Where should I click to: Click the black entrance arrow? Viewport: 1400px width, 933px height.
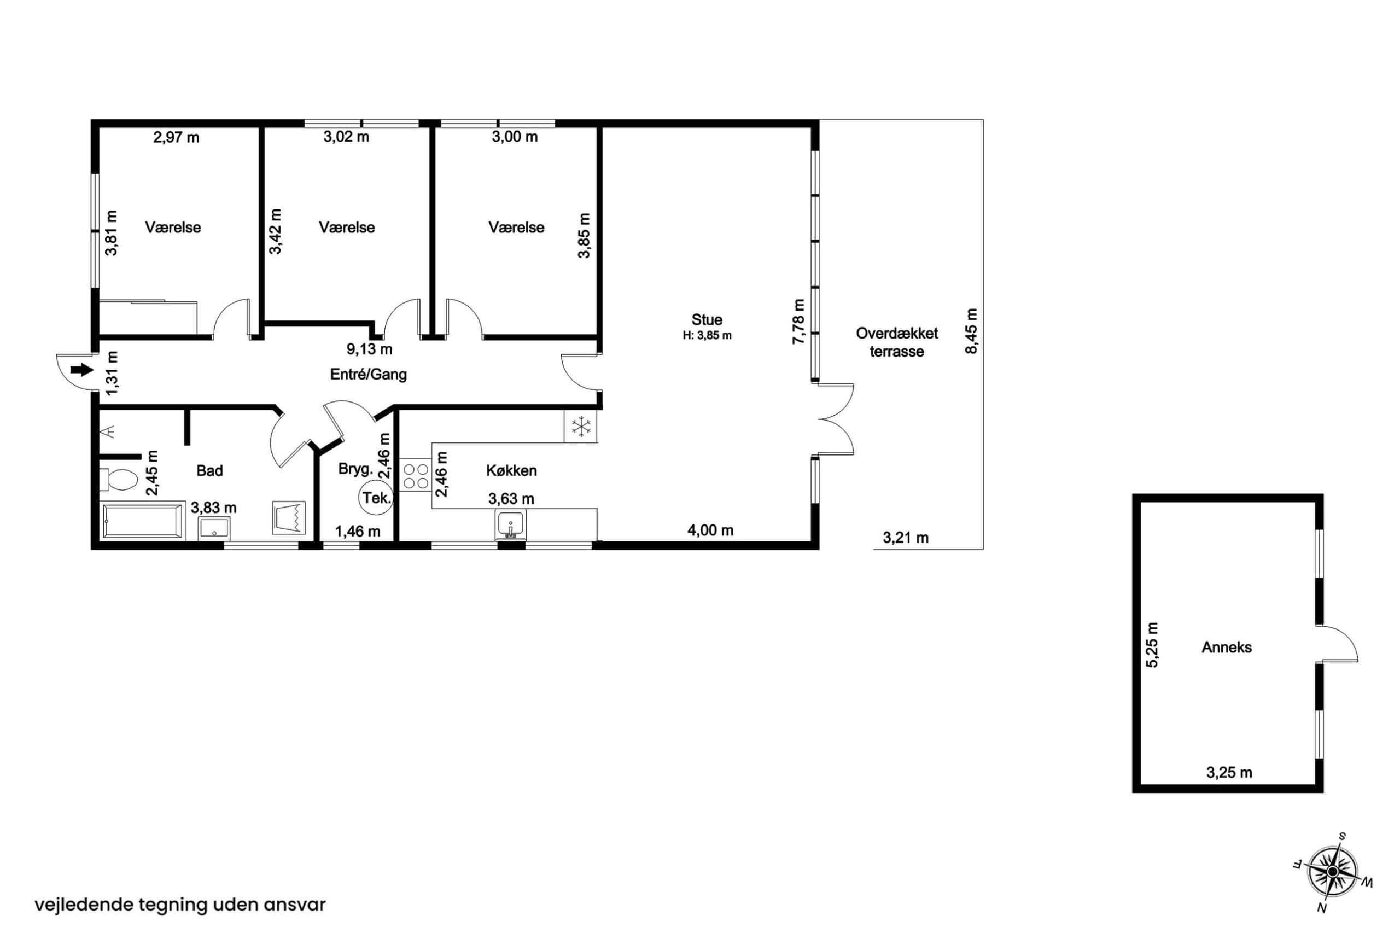[82, 370]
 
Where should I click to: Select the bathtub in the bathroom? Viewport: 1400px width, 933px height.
[143, 521]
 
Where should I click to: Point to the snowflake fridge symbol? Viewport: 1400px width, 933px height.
[581, 426]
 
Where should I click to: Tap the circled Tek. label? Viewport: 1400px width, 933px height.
[376, 498]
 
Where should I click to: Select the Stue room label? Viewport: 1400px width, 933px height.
[707, 319]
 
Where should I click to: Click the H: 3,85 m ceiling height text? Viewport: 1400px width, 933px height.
[707, 336]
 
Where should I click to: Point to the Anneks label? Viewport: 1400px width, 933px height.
[1226, 648]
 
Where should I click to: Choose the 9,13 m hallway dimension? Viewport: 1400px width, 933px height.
[370, 349]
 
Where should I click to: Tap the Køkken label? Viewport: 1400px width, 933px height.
[512, 471]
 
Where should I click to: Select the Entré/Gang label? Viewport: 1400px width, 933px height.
[368, 375]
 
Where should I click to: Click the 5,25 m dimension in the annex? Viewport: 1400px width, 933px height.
[1152, 645]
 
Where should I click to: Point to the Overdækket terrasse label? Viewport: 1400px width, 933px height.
[897, 342]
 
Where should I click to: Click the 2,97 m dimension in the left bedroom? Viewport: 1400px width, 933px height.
[176, 138]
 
